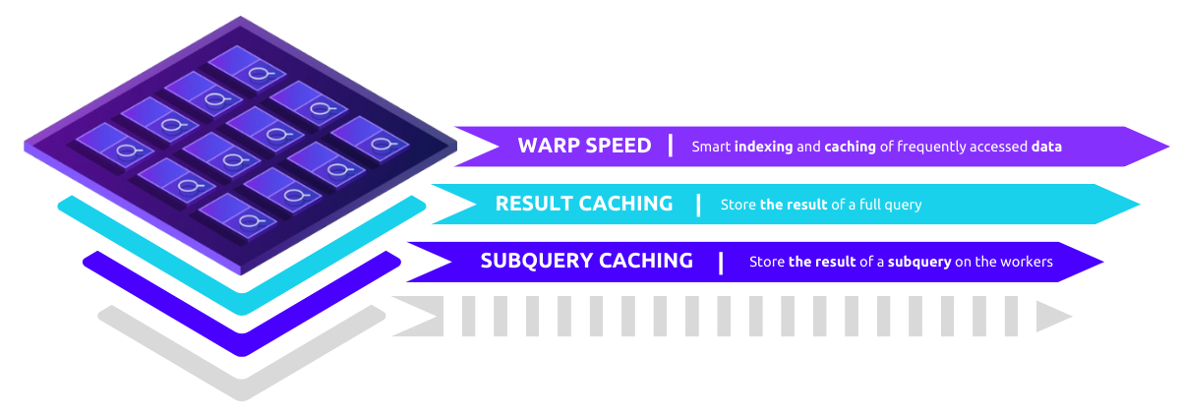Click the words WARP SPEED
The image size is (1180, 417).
click(584, 146)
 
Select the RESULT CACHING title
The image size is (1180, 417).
click(584, 204)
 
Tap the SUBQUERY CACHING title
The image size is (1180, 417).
click(586, 262)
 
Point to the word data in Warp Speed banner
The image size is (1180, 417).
click(1046, 147)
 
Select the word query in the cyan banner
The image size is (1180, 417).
click(902, 205)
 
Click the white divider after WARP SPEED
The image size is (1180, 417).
click(671, 146)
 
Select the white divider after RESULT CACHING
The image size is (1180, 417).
click(698, 204)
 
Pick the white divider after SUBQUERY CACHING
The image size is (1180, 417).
click(721, 262)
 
